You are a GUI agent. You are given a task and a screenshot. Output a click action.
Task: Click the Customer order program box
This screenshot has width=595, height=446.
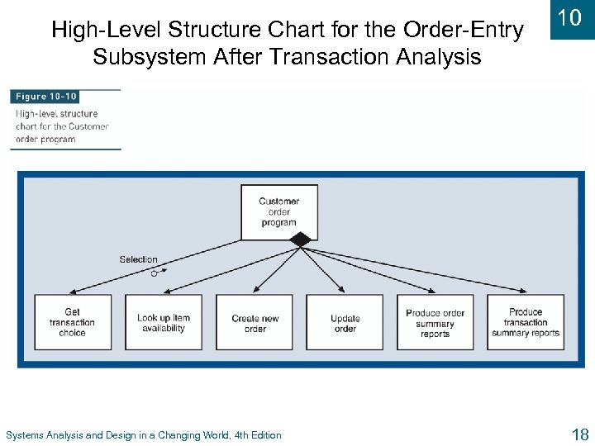(278, 212)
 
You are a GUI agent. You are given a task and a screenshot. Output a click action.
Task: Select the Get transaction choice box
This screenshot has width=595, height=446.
(72, 322)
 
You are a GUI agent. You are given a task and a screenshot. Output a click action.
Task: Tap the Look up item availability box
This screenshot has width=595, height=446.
(163, 322)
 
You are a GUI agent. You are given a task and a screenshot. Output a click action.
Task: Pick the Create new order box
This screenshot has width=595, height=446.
(255, 322)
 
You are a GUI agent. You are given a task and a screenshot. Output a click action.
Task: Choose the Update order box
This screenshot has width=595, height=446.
(345, 322)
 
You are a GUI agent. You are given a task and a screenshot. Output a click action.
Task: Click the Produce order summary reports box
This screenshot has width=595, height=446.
(435, 322)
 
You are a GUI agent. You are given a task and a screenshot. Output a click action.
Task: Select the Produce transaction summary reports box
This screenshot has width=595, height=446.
(526, 322)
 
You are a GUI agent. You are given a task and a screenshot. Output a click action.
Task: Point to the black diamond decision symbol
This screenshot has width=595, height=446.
(301, 240)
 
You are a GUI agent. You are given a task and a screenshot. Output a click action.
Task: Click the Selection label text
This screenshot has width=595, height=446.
(138, 259)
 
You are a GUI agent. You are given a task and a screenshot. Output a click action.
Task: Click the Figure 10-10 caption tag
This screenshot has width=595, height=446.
(45, 97)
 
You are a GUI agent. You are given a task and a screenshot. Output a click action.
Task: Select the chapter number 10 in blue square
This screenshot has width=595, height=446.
(570, 18)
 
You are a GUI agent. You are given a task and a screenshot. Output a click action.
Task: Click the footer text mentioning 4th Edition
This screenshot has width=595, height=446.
(143, 435)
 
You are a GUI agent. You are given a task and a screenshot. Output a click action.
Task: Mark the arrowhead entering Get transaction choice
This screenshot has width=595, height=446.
(70, 292)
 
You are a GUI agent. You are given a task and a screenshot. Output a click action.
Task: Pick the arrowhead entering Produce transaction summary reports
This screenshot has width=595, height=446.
(524, 292)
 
